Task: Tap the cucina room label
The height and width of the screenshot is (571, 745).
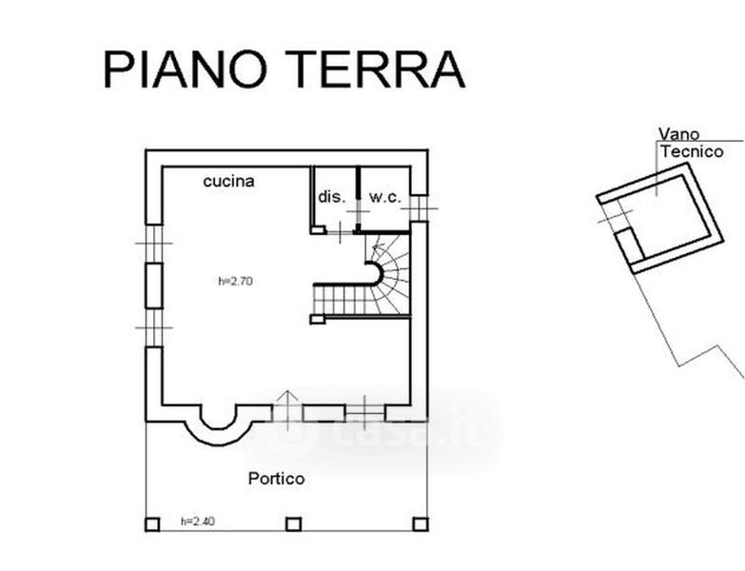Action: coord(228,181)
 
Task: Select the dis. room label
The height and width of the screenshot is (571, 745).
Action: coord(331,197)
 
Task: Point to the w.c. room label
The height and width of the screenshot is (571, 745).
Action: coord(384,197)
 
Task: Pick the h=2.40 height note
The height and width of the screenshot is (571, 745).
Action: coord(197,522)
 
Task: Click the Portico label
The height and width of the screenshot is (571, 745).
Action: coord(276,479)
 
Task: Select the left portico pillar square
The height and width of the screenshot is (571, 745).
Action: coord(151,524)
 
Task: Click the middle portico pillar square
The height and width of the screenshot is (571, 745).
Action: coord(293,524)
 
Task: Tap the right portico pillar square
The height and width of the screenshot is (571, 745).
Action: coord(421,524)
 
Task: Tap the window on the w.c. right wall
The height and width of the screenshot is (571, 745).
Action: coord(421,207)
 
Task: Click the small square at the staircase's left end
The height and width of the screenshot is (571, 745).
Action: coord(318,320)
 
